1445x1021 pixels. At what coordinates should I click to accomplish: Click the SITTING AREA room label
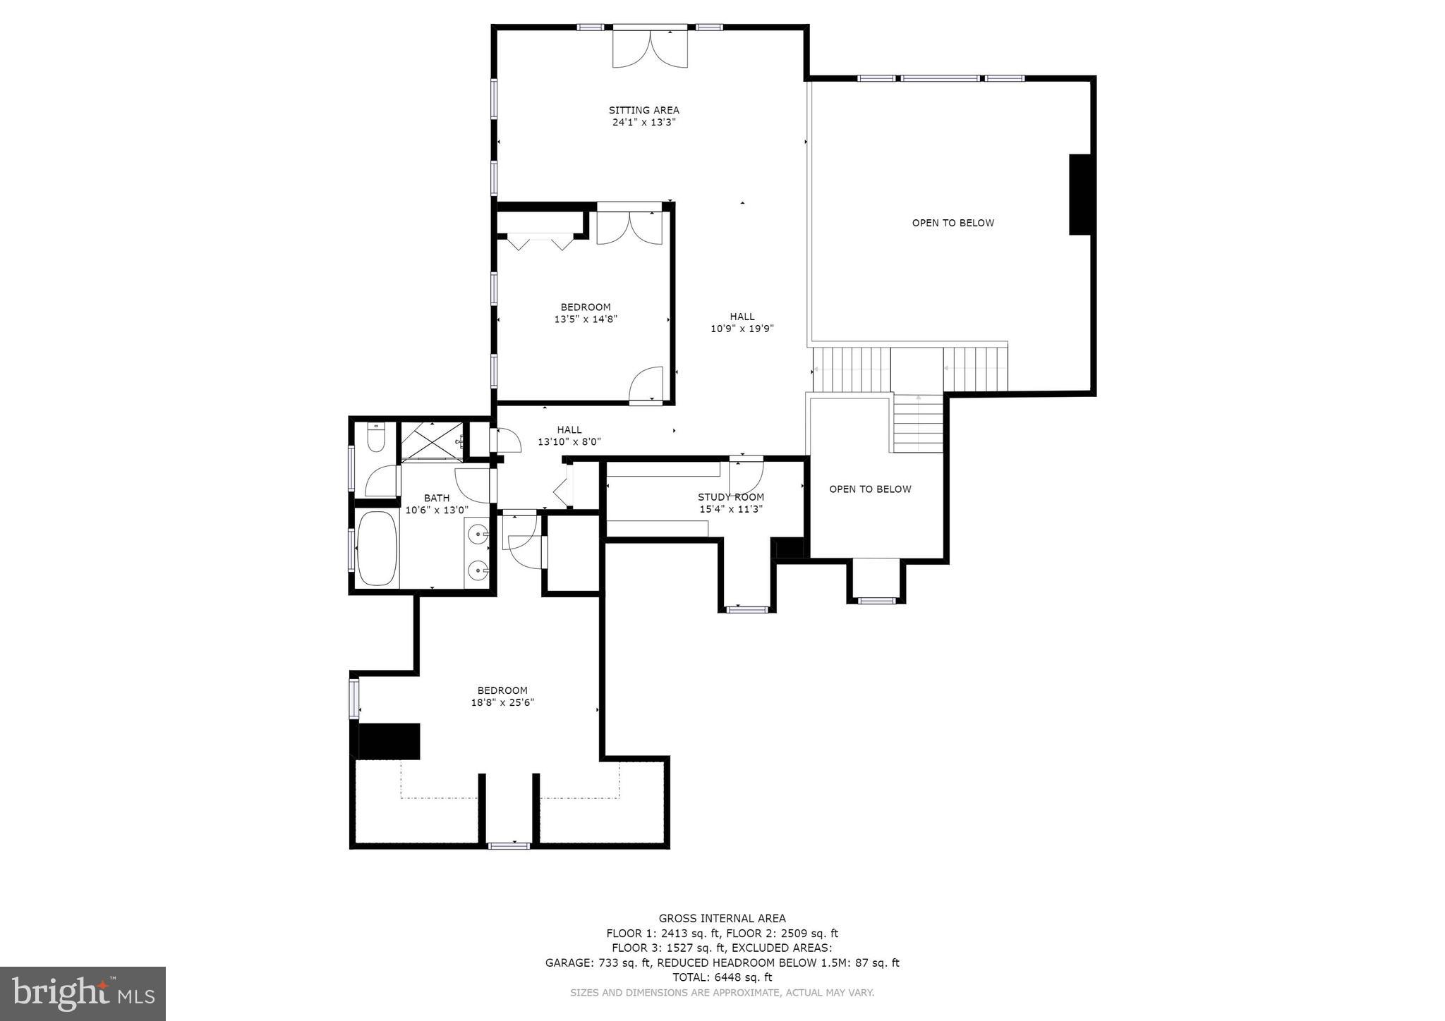[643, 110]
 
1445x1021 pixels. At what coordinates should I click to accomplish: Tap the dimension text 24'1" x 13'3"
[643, 122]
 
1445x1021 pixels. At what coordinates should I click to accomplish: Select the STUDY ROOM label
[730, 497]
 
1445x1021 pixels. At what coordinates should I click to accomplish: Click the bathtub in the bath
[377, 549]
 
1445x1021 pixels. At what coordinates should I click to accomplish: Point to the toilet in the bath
[376, 437]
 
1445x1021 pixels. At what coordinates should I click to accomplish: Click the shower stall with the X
[432, 441]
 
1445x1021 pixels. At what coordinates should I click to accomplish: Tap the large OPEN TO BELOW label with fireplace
[953, 223]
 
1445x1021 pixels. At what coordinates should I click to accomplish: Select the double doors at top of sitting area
[650, 48]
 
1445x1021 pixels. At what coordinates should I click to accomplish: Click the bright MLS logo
[83, 994]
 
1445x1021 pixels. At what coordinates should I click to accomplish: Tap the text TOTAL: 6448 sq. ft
[722, 977]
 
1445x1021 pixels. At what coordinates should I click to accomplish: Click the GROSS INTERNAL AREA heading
[722, 918]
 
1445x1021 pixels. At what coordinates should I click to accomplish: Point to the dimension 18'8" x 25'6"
[502, 702]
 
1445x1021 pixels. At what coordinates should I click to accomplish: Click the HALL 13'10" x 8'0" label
[569, 436]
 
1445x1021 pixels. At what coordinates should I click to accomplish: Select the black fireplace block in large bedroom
[389, 741]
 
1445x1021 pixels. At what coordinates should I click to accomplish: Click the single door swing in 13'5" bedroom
[646, 385]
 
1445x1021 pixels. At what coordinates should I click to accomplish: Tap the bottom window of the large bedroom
[509, 845]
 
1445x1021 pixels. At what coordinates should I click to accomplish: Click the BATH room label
[437, 498]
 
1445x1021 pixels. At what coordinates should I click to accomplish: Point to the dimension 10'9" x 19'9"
[742, 329]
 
